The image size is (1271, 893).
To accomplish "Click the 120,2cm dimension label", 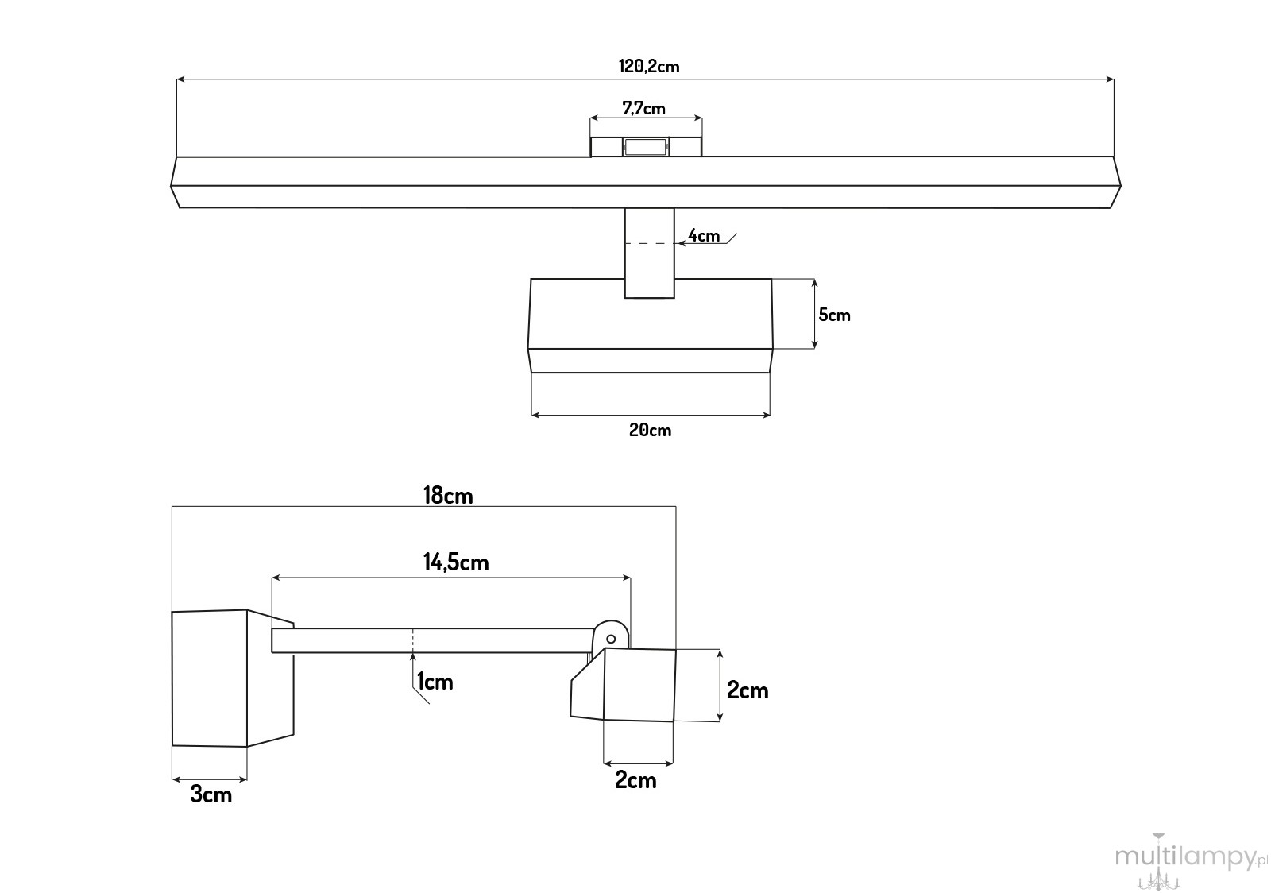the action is pyautogui.click(x=648, y=67).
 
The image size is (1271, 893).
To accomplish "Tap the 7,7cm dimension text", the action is pyautogui.click(x=643, y=108).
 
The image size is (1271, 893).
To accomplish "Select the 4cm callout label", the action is pyautogui.click(x=704, y=235).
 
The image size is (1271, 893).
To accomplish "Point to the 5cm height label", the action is pyautogui.click(x=834, y=315).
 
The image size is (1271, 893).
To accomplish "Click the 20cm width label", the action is pyautogui.click(x=650, y=430).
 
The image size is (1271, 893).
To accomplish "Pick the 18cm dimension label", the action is pyautogui.click(x=448, y=495).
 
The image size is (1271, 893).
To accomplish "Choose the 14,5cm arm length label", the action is pyautogui.click(x=456, y=562).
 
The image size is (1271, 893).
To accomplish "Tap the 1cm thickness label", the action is pyautogui.click(x=435, y=682).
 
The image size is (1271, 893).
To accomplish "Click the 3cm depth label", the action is pyautogui.click(x=211, y=794).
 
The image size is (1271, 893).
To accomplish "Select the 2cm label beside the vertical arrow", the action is pyautogui.click(x=748, y=690).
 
